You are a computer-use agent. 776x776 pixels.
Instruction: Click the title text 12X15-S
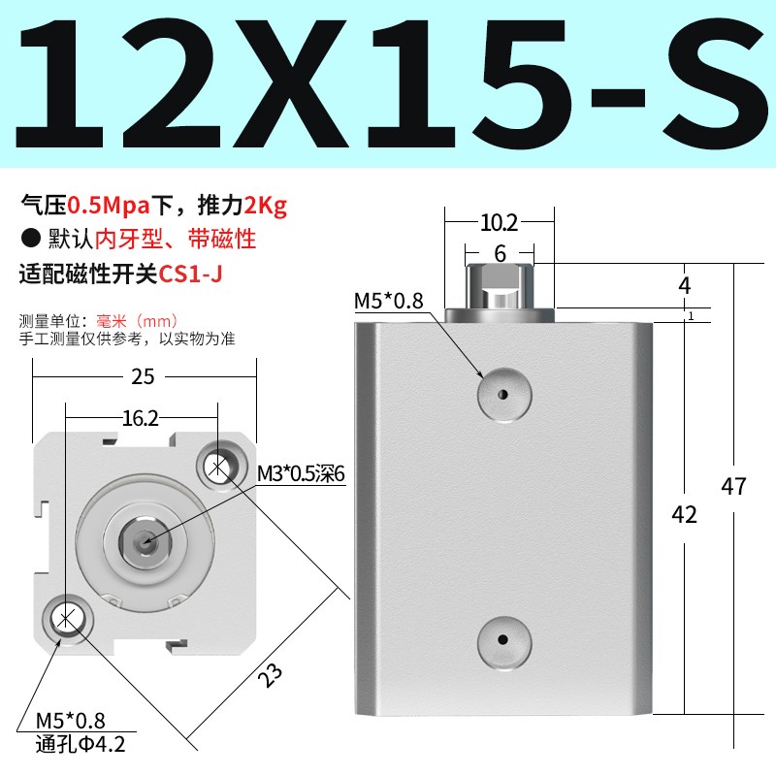click(x=388, y=85)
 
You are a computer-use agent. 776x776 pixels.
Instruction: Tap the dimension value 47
click(x=734, y=485)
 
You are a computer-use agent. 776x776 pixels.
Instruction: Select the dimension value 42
click(x=685, y=515)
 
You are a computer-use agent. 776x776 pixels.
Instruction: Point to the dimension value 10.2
click(x=499, y=223)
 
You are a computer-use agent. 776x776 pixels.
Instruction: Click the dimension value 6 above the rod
click(x=500, y=253)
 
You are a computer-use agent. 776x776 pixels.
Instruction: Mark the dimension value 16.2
click(x=140, y=418)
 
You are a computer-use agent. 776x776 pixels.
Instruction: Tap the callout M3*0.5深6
click(x=301, y=473)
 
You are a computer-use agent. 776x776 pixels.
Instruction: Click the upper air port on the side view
click(x=503, y=395)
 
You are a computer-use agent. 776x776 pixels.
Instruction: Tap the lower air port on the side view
click(x=503, y=640)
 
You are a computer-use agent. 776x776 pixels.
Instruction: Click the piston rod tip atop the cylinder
click(x=500, y=287)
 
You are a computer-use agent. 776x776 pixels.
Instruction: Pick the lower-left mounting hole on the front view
click(x=65, y=618)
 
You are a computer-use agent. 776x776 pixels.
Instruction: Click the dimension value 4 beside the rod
click(x=685, y=286)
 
